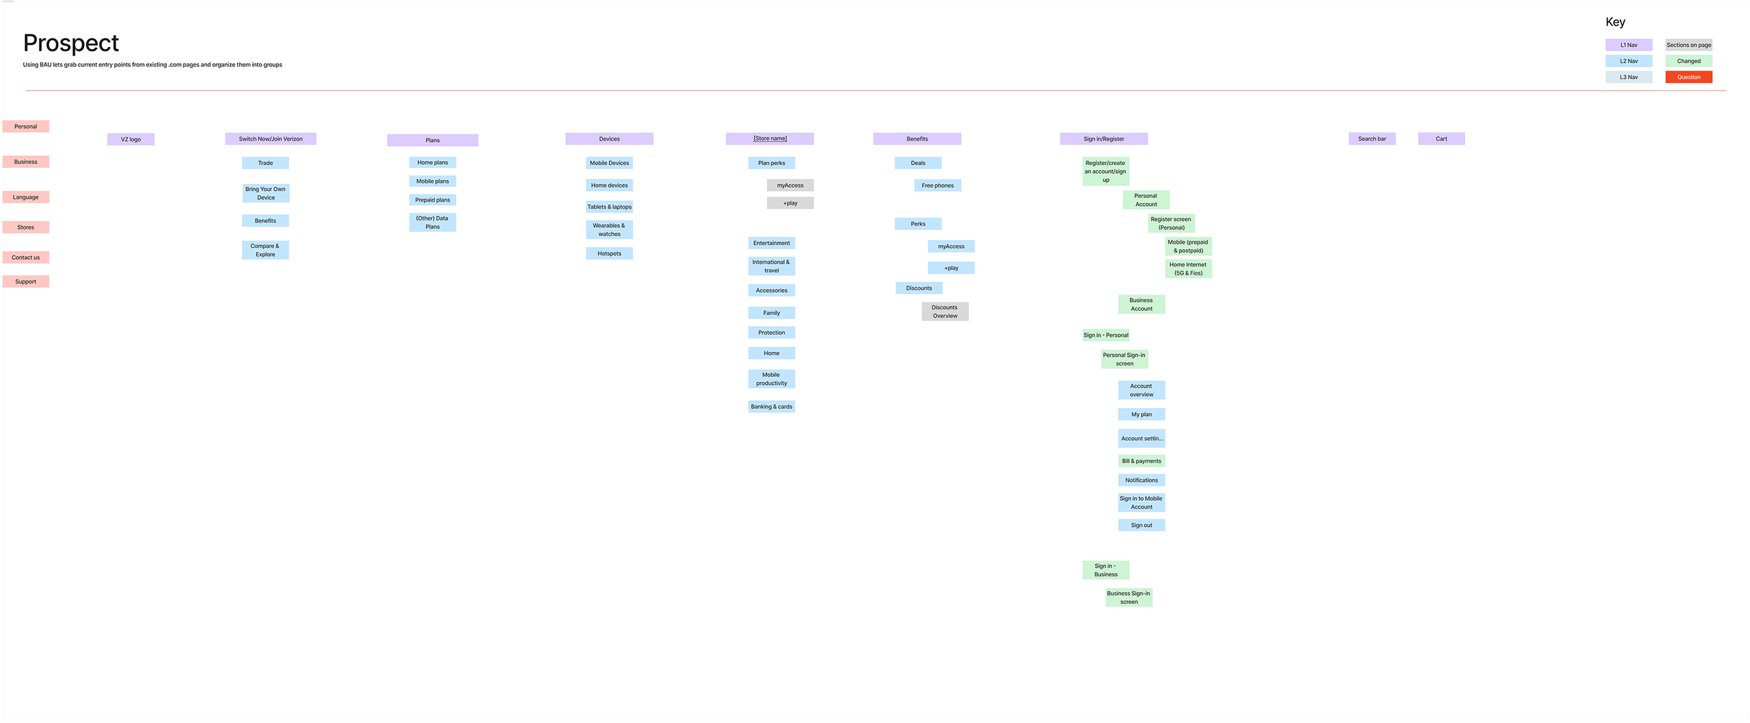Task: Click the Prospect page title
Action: tap(71, 43)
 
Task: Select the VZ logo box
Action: tap(131, 139)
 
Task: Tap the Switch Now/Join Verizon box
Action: tap(271, 139)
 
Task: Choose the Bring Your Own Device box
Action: tap(265, 193)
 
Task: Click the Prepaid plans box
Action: tap(433, 200)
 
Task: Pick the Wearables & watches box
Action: tap(609, 230)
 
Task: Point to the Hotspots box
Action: tap(609, 253)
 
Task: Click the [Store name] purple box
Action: tap(769, 139)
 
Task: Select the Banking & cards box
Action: tap(771, 407)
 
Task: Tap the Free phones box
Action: tap(937, 185)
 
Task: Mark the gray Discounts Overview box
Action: tap(945, 311)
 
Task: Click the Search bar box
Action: tap(1372, 139)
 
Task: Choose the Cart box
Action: tap(1441, 139)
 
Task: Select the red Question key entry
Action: tap(1688, 77)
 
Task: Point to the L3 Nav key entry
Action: tap(1629, 77)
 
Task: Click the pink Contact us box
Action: tap(26, 258)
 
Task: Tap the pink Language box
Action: tap(26, 197)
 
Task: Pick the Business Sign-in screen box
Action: tap(1128, 598)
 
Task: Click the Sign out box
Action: tap(1141, 526)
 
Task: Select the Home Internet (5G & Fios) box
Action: tap(1188, 269)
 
